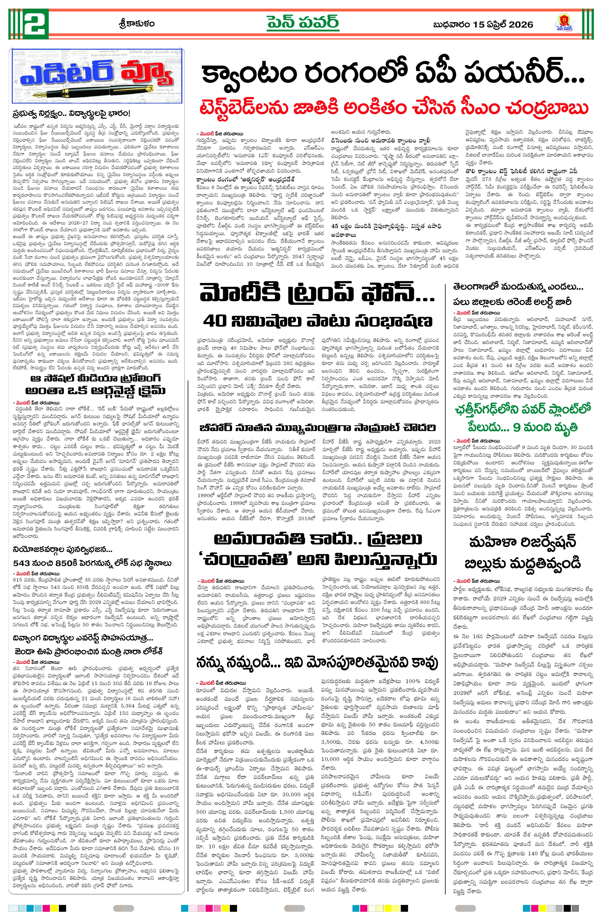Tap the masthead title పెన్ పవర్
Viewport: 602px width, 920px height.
[302, 23]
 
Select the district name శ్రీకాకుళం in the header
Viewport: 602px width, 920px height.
[137, 24]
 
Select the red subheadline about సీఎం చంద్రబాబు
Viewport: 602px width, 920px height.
[394, 108]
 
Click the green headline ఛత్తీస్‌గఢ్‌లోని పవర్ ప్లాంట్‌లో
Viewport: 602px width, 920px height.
[523, 409]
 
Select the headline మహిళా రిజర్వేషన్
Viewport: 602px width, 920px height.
[522, 542]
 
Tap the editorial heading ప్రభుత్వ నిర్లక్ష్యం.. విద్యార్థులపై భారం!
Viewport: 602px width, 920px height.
[71, 114]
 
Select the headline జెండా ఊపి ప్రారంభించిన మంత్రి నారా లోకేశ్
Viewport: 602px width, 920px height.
[89, 652]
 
